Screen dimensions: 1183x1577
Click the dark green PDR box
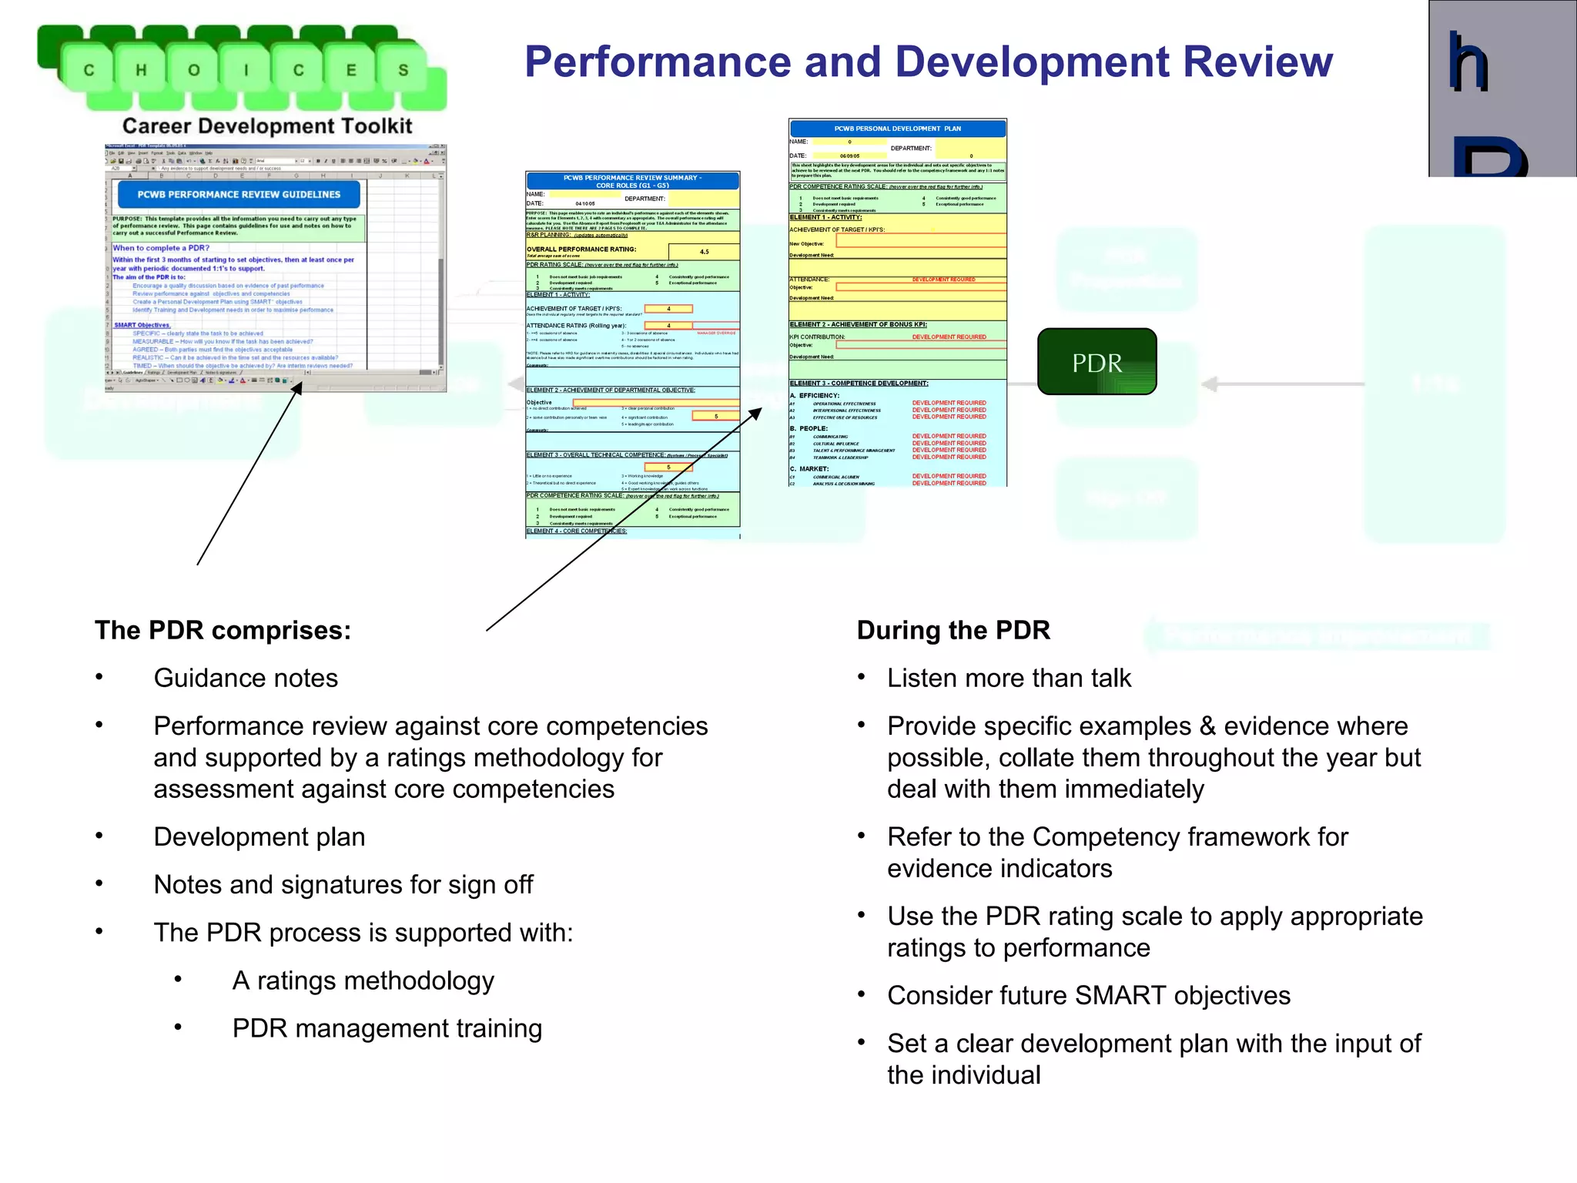(x=1097, y=362)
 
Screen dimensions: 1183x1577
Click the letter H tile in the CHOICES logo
(x=141, y=70)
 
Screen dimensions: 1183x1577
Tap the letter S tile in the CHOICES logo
(x=403, y=70)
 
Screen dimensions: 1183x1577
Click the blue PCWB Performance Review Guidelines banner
(x=239, y=195)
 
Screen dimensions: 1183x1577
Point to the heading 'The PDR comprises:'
(x=223, y=630)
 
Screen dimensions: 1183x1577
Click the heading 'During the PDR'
(x=953, y=630)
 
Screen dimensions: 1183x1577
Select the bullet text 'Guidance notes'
(x=246, y=678)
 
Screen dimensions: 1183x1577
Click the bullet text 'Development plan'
(x=259, y=836)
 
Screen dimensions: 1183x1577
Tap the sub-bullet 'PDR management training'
(x=387, y=1028)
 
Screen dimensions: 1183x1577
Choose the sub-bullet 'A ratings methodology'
(x=363, y=980)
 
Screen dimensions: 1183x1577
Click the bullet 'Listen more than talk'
(x=1009, y=678)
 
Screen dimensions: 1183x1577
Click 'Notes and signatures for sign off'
(x=343, y=884)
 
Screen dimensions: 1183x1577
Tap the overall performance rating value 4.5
(x=704, y=252)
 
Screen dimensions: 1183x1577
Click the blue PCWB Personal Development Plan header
(x=897, y=129)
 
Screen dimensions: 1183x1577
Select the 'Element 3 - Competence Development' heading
(x=859, y=383)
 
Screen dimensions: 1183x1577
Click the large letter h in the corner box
(x=1468, y=63)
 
